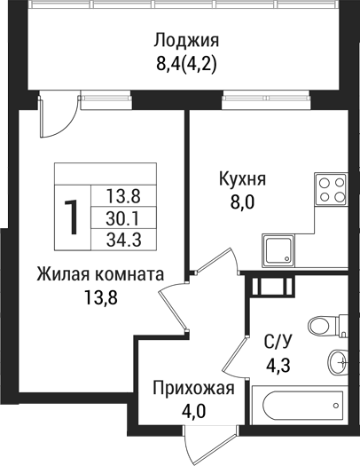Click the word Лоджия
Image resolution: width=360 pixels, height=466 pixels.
pos(186,41)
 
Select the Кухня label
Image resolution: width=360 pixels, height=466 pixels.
pos(242,179)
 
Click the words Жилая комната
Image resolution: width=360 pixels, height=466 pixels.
pos(100,275)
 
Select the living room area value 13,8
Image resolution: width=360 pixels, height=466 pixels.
pos(100,297)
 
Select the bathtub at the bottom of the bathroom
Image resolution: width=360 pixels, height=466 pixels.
pos(297,406)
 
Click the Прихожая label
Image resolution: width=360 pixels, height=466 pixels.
pos(193,390)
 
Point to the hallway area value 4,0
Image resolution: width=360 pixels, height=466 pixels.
pos(193,412)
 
